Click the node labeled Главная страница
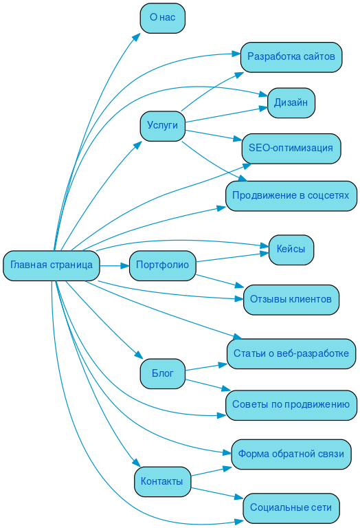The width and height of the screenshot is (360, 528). point(52,265)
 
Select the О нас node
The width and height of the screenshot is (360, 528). point(162,17)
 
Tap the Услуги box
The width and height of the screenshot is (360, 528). point(162,125)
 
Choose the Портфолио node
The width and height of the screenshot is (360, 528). point(162,265)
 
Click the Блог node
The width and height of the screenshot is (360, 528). point(162,373)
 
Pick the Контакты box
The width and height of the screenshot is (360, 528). point(162,481)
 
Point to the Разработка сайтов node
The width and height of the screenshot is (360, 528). point(291,56)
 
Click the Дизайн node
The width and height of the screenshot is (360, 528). point(291,102)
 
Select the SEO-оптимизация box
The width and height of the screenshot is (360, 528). point(291,148)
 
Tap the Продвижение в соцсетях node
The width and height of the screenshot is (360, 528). point(291,195)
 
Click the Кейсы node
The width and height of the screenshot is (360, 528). point(291,249)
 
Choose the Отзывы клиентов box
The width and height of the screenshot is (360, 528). point(291,299)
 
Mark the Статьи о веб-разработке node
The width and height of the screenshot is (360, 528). point(291,353)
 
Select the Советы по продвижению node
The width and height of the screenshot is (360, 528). point(291,404)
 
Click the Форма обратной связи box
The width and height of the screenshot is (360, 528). point(291,454)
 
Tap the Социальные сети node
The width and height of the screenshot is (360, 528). point(291,507)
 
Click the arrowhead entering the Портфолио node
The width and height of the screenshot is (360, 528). point(125,265)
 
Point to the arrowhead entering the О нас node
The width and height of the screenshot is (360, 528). point(137,37)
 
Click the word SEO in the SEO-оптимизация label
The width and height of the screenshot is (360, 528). point(258,148)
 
